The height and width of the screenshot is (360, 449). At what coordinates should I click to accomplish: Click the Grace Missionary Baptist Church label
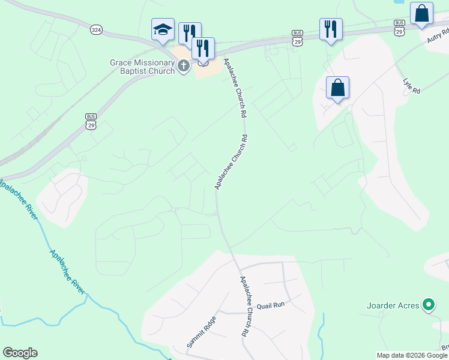pyautogui.click(x=142, y=66)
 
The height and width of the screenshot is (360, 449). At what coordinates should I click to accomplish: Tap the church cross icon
pyautogui.click(x=184, y=67)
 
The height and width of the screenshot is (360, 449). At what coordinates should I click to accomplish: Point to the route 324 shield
pyautogui.click(x=97, y=29)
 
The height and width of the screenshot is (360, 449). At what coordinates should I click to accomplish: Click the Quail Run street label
pyautogui.click(x=270, y=305)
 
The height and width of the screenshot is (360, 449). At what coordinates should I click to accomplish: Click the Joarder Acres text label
pyautogui.click(x=393, y=305)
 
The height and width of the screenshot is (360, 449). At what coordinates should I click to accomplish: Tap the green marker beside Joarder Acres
pyautogui.click(x=428, y=305)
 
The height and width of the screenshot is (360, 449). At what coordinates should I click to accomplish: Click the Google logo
pyautogui.click(x=20, y=353)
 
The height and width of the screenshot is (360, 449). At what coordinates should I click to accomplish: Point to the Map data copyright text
pyautogui.click(x=412, y=355)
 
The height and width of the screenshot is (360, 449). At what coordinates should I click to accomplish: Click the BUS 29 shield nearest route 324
pyautogui.click(x=91, y=120)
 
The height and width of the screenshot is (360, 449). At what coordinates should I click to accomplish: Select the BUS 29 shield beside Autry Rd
pyautogui.click(x=399, y=27)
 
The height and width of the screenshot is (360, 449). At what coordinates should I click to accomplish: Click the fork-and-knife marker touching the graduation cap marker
pyautogui.click(x=189, y=33)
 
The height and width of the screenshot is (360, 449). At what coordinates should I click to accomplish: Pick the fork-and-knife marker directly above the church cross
pyautogui.click(x=203, y=49)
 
